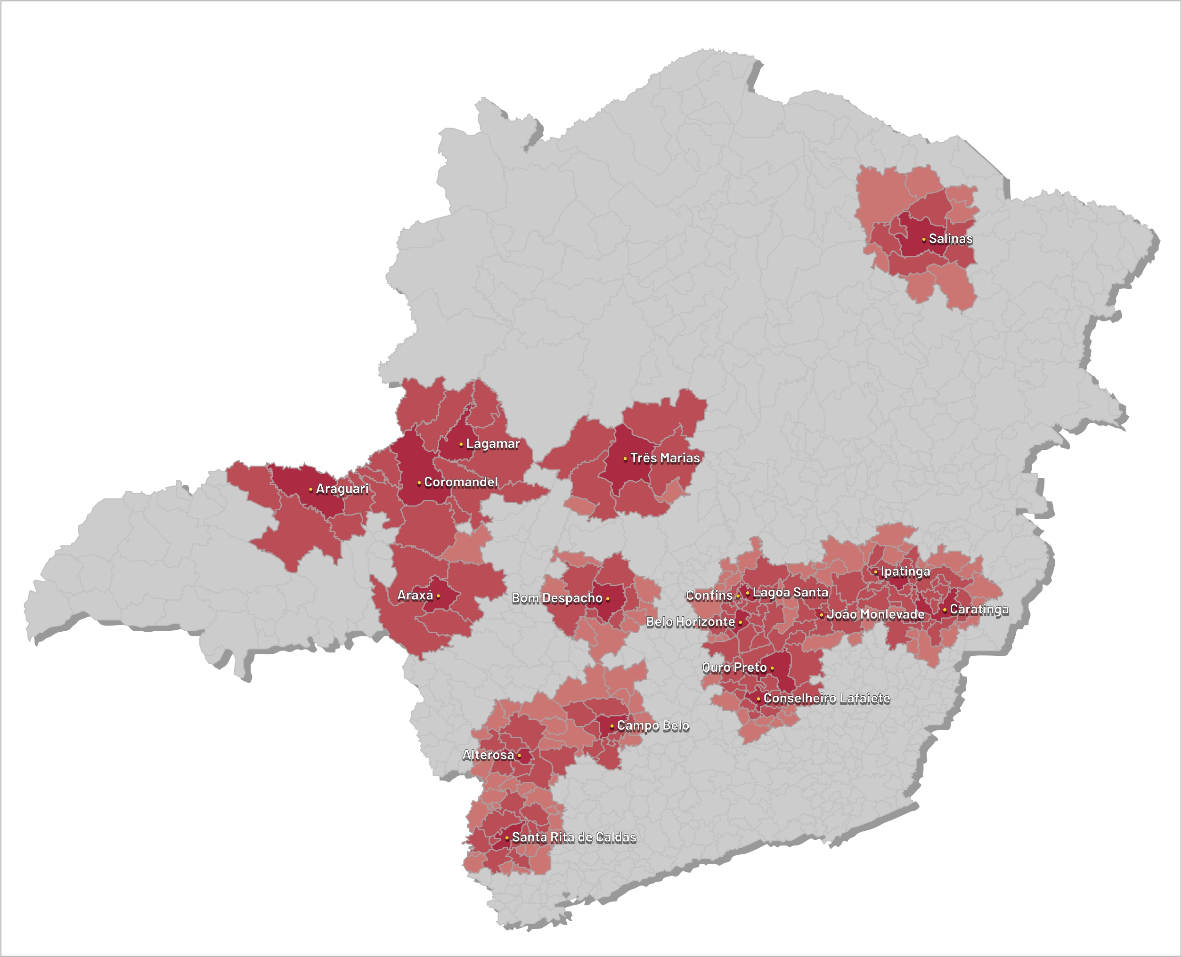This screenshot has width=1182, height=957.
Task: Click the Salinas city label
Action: pos(950,239)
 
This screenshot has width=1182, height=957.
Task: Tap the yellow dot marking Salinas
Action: pos(924,240)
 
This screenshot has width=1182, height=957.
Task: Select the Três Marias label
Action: pos(665,458)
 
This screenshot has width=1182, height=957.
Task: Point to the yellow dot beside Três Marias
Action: pos(625,458)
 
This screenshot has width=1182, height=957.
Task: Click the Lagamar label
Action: pos(493,444)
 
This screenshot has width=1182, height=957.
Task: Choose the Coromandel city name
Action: pos(461,483)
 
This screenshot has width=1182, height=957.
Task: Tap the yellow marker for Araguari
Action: pos(310,490)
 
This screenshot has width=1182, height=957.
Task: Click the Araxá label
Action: pos(415,595)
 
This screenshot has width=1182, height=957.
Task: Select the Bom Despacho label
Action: pos(556,598)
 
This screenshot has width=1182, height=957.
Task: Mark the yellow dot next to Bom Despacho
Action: pos(608,599)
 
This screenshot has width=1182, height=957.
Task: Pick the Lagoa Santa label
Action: pos(790,593)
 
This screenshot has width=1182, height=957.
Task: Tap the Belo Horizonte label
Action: pos(690,622)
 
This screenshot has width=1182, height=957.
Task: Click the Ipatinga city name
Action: pos(905,571)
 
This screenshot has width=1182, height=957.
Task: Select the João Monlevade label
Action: pos(875,614)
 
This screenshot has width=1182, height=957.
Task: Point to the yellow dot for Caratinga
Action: pos(945,610)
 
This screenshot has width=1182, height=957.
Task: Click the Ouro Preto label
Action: pos(734,667)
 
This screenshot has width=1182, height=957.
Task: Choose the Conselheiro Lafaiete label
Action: pos(826,699)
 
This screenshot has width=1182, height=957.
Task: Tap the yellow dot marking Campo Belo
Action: pos(611,726)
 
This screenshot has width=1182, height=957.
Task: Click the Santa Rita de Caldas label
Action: pos(574,837)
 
